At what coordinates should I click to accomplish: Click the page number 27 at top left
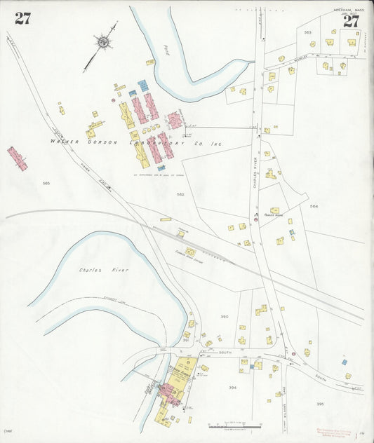click(x=22, y=19)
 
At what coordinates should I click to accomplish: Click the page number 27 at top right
click(x=351, y=20)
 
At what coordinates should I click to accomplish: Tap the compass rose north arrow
click(x=102, y=43)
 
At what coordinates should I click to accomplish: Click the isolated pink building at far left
click(x=18, y=158)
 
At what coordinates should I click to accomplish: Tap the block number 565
click(x=46, y=183)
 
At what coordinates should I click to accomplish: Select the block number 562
click(x=180, y=194)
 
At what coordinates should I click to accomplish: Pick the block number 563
click(x=307, y=33)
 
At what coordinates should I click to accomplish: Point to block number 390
click(x=225, y=317)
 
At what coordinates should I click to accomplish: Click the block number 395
click(x=320, y=404)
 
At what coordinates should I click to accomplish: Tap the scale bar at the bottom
click(x=234, y=425)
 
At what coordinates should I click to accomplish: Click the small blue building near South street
click(x=344, y=362)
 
